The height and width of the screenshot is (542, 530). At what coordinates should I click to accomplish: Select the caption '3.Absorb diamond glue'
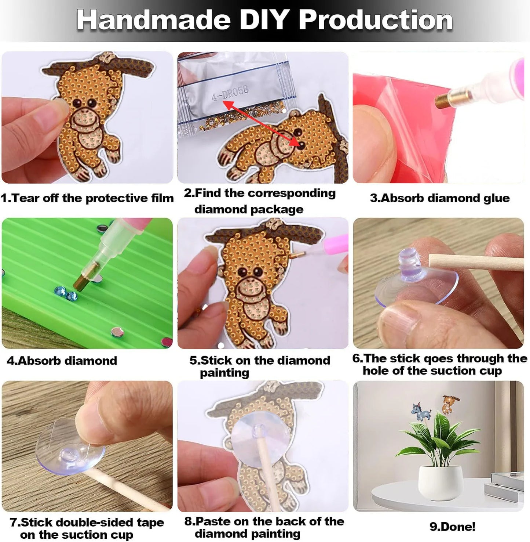[x=439, y=198]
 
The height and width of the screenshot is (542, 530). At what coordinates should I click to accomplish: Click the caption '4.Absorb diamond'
[x=62, y=361]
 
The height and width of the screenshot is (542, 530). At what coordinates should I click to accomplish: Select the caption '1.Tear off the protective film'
[x=87, y=198]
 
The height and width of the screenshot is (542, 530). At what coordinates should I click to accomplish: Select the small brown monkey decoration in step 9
[x=447, y=403]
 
